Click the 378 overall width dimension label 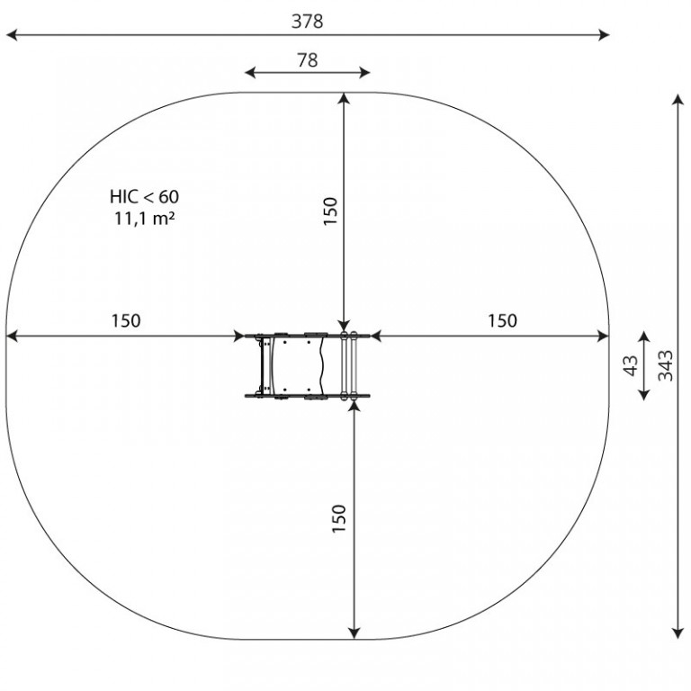pos(307,22)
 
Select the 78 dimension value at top pos(307,60)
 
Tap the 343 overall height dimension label pos(666,365)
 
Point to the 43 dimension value pos(631,365)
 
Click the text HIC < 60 pos(145,196)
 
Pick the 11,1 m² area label pos(145,218)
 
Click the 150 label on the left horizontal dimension pos(126,321)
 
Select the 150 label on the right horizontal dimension pos(502,321)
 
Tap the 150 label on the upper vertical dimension pos(330,211)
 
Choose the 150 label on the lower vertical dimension pos(339,518)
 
